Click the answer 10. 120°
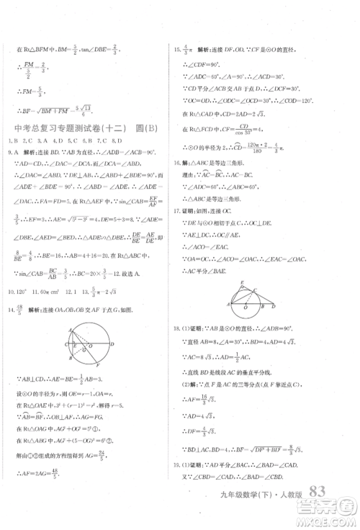[x=21, y=292]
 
